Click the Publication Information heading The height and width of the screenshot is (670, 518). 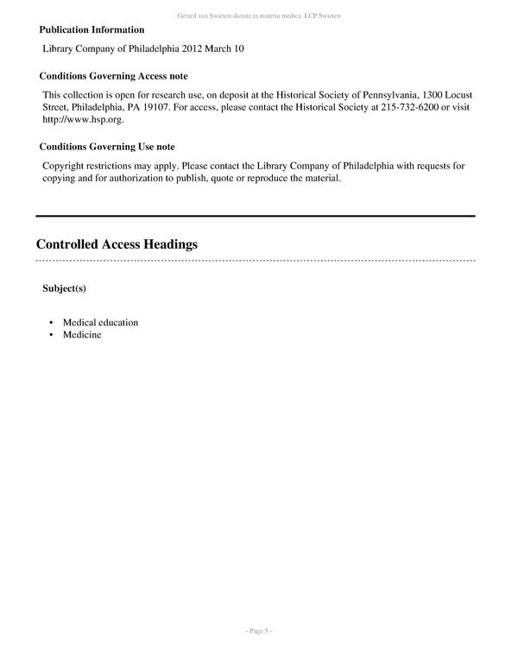pyautogui.click(x=92, y=29)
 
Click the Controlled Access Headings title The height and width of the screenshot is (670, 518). pyautogui.click(x=117, y=244)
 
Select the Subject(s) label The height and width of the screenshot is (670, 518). pyautogui.click(x=64, y=288)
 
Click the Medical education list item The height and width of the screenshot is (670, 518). pyautogui.click(x=100, y=322)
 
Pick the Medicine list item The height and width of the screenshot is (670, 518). pyautogui.click(x=82, y=334)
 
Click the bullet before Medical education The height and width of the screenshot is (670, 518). pyautogui.click(x=51, y=323)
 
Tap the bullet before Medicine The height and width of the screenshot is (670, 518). pyautogui.click(x=51, y=335)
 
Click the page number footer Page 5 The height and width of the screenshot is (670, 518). pyautogui.click(x=259, y=631)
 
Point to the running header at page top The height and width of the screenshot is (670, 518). pyautogui.click(x=259, y=16)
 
